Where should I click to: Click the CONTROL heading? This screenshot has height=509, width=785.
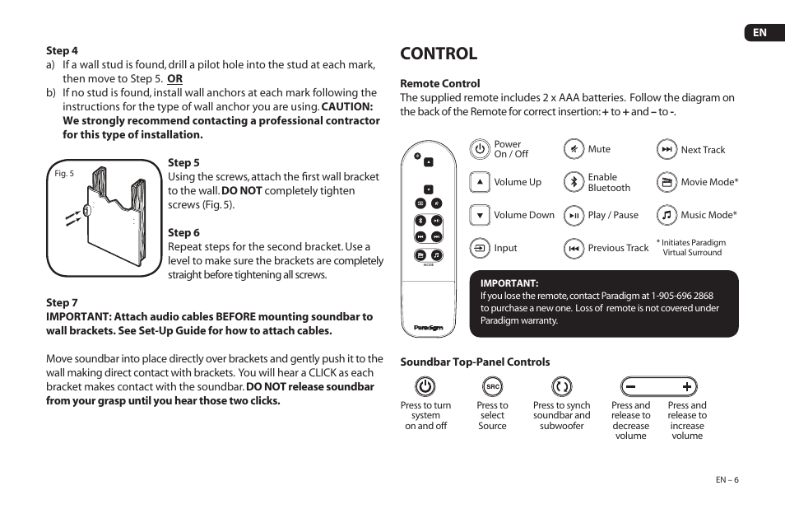pos(439,54)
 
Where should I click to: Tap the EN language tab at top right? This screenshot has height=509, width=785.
pos(759,32)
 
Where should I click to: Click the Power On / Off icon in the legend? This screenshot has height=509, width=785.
pos(480,149)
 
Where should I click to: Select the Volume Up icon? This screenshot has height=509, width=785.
pos(480,182)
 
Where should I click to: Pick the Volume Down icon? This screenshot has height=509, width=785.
pos(480,215)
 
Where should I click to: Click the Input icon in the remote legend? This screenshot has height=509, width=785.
pos(480,248)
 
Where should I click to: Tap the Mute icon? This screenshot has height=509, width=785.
pos(574,149)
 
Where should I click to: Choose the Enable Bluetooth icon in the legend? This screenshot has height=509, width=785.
pos(574,182)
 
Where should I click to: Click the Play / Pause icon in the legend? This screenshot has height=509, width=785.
pos(574,215)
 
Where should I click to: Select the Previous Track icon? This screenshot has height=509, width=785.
pos(574,248)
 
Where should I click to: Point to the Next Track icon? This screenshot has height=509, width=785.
pos(667,149)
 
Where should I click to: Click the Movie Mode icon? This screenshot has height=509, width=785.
pos(667,182)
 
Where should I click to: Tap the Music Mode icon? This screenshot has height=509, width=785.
pos(667,215)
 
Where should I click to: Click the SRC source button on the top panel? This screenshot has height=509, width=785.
pos(492,386)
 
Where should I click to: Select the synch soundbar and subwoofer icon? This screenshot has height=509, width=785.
pos(562,386)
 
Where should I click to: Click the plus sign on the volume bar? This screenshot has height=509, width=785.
pos(687,386)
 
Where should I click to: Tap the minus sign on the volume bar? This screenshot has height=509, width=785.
pos(631,386)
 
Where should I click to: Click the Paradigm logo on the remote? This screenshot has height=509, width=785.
pos(429,327)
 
